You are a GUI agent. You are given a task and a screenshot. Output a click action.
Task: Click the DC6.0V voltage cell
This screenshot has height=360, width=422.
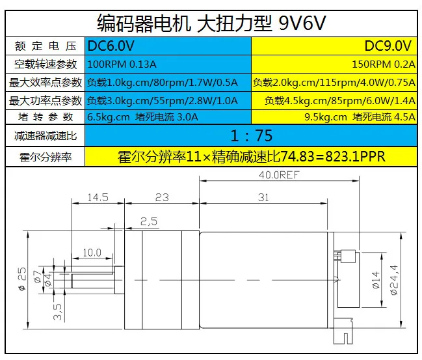168,46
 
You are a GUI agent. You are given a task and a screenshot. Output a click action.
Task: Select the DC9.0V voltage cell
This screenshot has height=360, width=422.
334,46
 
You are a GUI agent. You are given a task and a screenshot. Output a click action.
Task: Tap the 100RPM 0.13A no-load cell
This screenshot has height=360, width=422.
168,64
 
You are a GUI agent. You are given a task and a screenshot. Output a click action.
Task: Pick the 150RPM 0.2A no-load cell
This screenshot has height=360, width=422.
334,64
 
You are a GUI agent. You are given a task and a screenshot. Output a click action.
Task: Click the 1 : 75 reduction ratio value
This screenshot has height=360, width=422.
251,135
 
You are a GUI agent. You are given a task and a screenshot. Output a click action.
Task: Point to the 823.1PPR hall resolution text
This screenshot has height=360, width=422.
355,156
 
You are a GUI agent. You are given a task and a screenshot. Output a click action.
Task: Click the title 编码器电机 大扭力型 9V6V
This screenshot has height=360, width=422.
211,23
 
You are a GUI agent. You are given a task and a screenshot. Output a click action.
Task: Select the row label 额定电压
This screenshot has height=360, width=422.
46,46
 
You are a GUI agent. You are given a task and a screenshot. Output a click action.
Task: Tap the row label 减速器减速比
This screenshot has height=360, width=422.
46,135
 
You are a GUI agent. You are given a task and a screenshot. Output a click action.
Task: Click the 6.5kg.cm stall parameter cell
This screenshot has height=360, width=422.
168,117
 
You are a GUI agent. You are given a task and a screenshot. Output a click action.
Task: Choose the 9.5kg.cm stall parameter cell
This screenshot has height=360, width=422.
334,117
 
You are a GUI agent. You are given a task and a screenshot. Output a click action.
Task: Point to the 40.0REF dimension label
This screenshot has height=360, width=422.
279,175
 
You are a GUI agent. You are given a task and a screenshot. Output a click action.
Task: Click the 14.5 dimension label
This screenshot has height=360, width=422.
98,197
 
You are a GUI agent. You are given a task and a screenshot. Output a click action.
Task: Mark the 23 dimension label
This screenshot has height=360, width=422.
162,197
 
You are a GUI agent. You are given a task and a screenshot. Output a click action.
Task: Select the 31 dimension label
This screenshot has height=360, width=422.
263,197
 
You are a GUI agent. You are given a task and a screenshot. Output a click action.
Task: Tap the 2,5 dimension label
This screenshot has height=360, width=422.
149,221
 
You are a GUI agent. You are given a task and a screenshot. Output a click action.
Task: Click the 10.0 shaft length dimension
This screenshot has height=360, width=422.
92,253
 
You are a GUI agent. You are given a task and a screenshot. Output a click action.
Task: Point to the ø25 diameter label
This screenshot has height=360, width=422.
22,279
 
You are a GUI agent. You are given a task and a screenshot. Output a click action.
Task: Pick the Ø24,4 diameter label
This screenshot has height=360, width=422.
394,280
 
